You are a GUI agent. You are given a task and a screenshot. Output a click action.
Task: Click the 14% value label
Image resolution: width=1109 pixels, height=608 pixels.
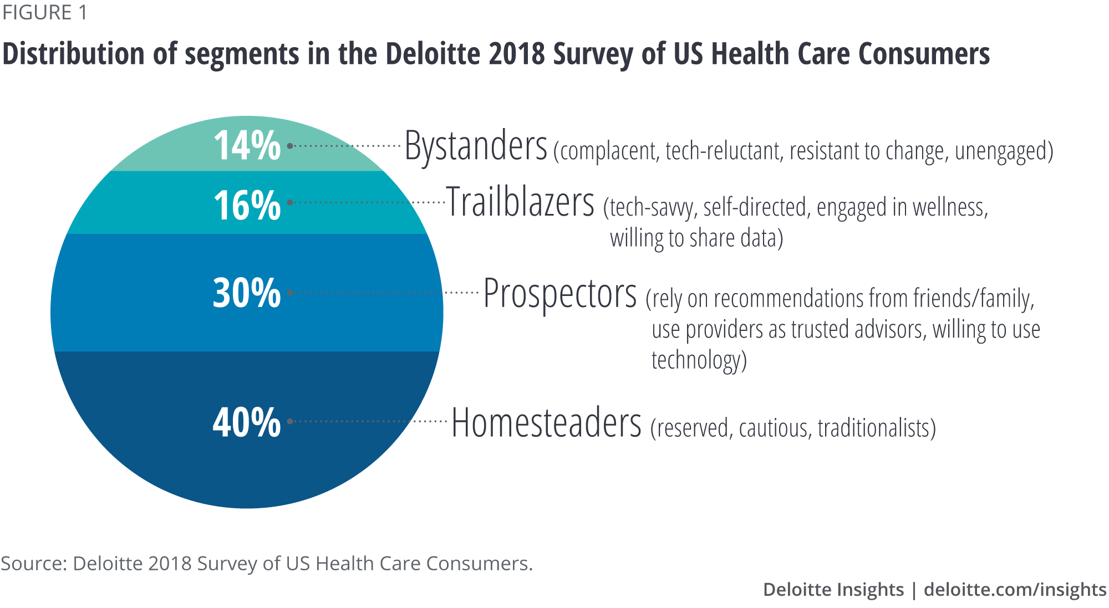tap(247, 146)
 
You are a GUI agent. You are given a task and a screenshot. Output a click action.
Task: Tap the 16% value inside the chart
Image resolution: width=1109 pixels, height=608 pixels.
tap(247, 206)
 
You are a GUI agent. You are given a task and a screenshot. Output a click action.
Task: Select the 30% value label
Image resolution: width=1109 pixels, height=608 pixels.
tap(247, 293)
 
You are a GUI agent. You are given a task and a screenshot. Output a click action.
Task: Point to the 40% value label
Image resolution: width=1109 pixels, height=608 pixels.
tap(247, 422)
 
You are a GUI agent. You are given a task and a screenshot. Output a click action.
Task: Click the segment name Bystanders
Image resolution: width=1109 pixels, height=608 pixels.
tap(476, 146)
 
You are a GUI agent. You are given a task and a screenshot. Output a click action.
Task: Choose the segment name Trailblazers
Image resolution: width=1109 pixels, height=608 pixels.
tap(520, 203)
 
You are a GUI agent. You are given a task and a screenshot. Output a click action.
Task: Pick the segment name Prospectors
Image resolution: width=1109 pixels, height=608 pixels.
tap(559, 294)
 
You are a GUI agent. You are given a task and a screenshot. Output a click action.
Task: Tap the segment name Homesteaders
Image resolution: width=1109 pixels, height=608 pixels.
tap(546, 423)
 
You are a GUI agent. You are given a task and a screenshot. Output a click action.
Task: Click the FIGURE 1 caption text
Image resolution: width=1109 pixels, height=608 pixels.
tap(44, 12)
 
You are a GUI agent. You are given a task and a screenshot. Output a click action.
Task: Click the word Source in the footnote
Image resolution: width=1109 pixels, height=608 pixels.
tap(33, 563)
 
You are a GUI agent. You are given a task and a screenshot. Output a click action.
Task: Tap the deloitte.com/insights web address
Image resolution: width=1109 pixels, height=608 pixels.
tap(1015, 589)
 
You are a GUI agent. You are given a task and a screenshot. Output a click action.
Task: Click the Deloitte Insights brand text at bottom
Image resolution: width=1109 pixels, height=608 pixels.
tap(833, 589)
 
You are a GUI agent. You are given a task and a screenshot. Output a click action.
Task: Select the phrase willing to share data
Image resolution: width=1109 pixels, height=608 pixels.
tap(696, 238)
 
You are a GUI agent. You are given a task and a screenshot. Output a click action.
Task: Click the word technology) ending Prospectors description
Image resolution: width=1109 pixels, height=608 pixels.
tap(699, 360)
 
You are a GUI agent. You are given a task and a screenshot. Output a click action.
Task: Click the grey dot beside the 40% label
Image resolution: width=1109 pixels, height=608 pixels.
tap(290, 422)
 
